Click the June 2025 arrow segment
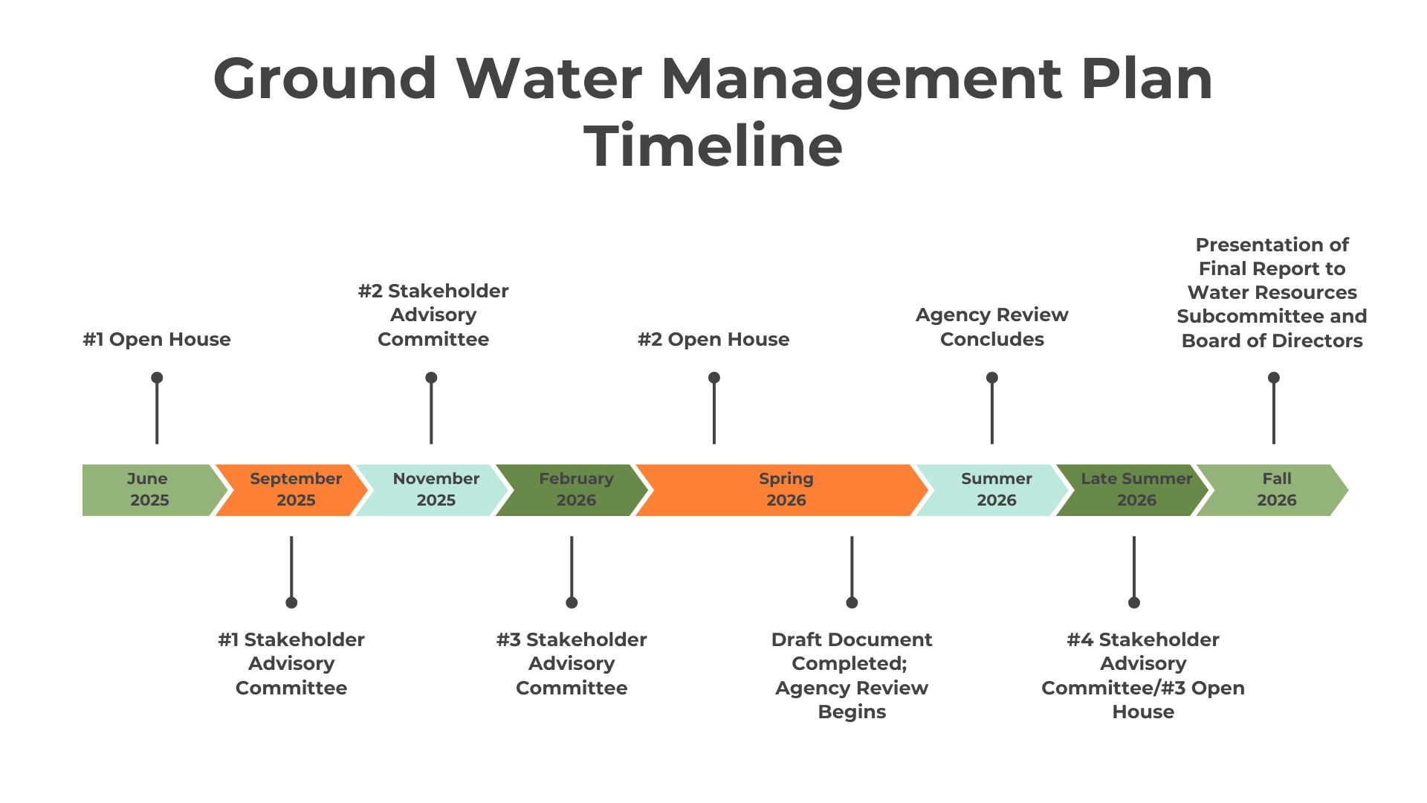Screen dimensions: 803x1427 [x=149, y=490]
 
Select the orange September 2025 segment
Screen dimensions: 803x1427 [x=294, y=490]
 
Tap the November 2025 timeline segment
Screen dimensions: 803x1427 [x=435, y=490]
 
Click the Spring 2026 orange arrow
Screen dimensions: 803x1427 [x=785, y=490]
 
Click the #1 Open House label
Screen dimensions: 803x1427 [x=157, y=340]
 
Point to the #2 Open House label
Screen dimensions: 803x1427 [x=713, y=340]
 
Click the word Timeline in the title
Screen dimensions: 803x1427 [x=713, y=146]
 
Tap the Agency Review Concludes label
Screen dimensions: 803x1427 [x=991, y=327]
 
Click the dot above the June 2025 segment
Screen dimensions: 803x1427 [x=157, y=378]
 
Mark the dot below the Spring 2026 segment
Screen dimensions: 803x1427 [x=852, y=602]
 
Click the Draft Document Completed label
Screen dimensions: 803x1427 [x=852, y=651]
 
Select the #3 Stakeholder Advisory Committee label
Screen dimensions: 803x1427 [x=572, y=663]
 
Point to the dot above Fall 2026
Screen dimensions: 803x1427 [x=1273, y=378]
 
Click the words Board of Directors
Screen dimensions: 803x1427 [x=1272, y=341]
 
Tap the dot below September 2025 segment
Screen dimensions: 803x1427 [x=291, y=602]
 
